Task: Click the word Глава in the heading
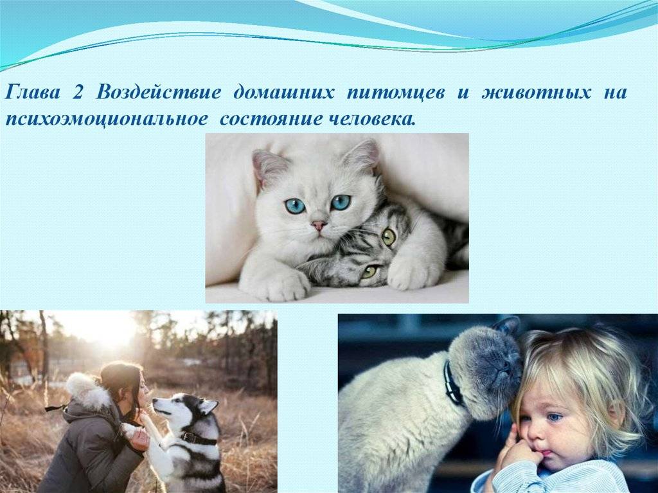pos(32,92)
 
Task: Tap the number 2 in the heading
pos(77,93)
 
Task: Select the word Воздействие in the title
pos(158,93)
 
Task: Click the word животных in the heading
pos(536,93)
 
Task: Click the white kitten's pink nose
pos(319,226)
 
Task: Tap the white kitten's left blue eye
pos(296,205)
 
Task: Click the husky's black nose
pos(155,402)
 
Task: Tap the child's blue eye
pos(555,417)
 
